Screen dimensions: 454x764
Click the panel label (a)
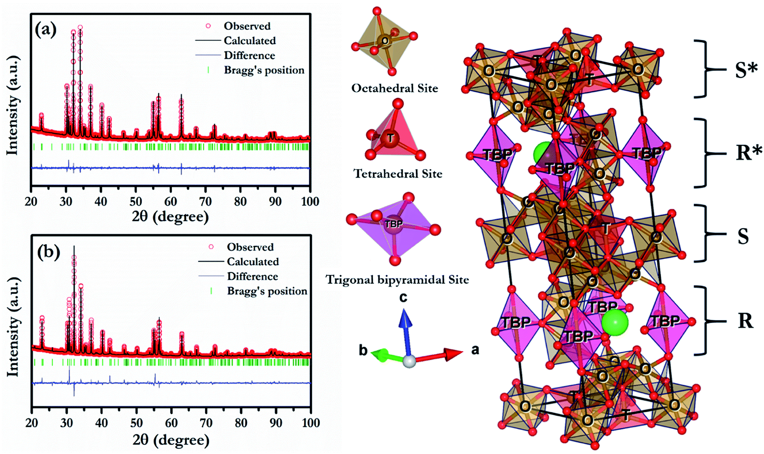(x=45, y=30)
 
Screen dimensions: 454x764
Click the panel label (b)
(x=48, y=252)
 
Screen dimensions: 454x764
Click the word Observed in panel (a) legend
(x=247, y=26)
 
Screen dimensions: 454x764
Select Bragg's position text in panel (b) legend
(x=267, y=291)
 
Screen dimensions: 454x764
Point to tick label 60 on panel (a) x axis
(x=170, y=201)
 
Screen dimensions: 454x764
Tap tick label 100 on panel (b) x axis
(x=310, y=423)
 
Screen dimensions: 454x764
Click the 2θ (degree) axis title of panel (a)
(x=170, y=216)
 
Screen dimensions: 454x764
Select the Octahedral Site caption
(x=394, y=88)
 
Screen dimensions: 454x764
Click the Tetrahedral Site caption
(x=398, y=174)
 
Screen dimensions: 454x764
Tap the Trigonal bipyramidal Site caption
(x=397, y=279)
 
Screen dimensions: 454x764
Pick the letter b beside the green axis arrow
(x=363, y=350)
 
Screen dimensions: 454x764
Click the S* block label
(x=746, y=70)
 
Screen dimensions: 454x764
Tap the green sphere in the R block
(x=614, y=322)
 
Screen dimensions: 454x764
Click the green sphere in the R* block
(x=542, y=153)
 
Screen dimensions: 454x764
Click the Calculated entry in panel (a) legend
(x=250, y=40)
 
